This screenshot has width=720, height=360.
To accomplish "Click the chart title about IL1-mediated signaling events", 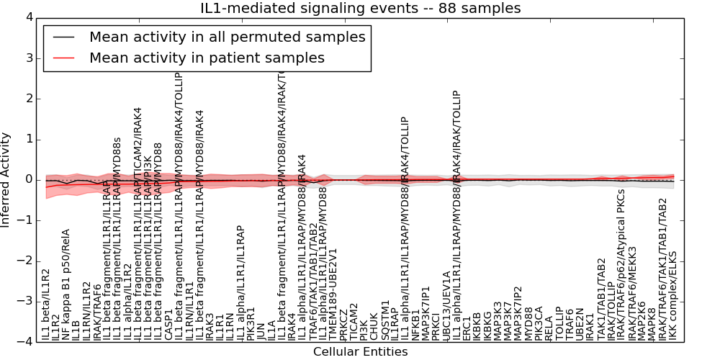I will pos(360,8).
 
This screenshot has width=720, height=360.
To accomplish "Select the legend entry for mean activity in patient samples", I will pos(207,58).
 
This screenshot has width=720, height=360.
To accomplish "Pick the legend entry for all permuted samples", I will pos(227,37).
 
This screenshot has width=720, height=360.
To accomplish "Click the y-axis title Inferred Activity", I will pos(6,179).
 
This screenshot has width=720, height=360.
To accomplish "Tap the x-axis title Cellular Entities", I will pos(360,352).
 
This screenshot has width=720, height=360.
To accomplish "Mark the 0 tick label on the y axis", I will pos(29,179).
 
